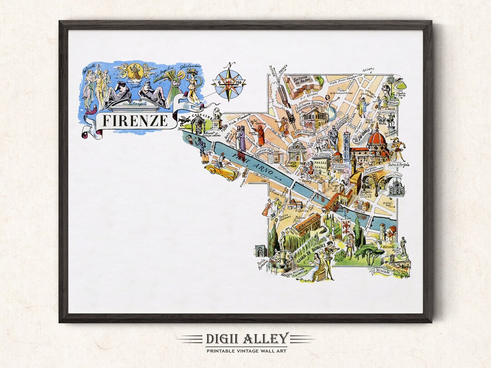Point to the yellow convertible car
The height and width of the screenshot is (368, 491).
pyautogui.click(x=221, y=171)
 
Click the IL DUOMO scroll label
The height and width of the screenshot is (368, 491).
pyautogui.click(x=363, y=132)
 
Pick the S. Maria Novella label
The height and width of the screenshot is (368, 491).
pyautogui.click(x=292, y=164)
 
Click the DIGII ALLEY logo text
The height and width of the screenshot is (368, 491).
pyautogui.click(x=245, y=339)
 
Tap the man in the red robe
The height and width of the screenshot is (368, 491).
pyautogui.click(x=261, y=135)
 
